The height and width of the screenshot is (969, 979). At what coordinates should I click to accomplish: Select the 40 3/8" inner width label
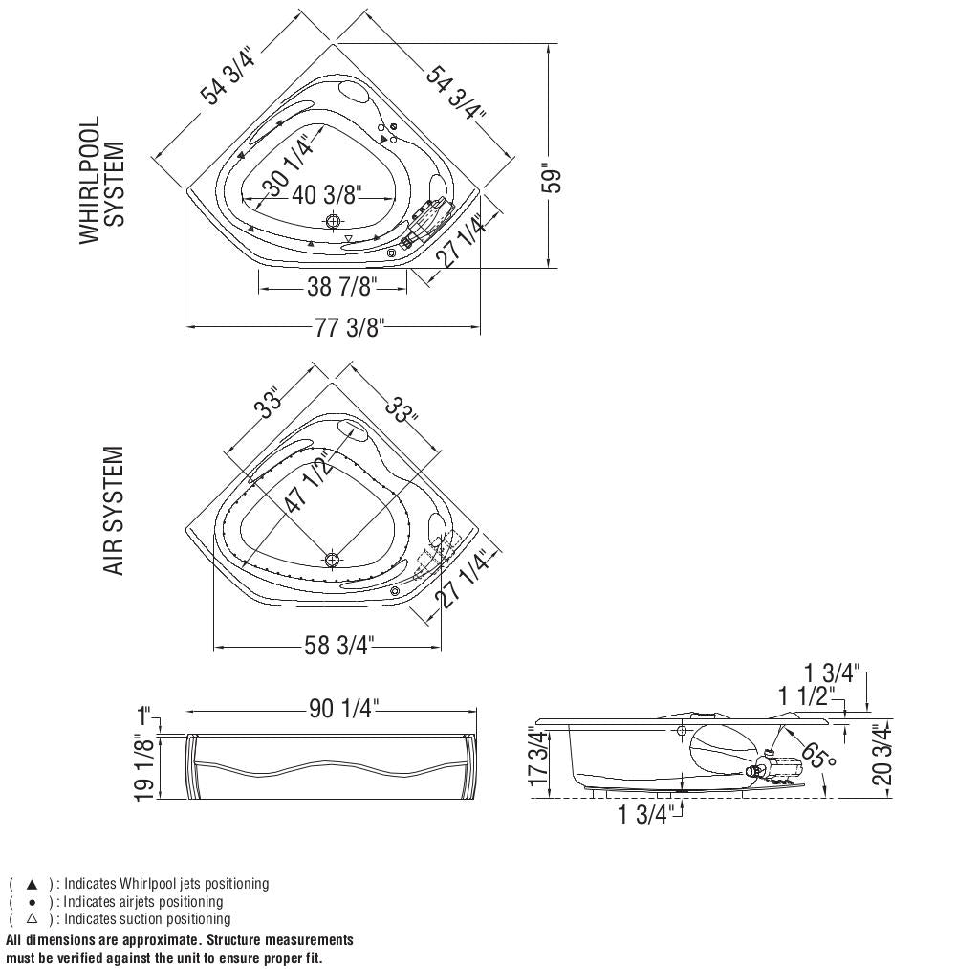325,195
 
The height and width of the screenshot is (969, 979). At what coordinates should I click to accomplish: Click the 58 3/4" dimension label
339,646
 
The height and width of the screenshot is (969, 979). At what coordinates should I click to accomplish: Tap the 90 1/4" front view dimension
344,709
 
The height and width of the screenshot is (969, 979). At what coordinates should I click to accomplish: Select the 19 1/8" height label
144,770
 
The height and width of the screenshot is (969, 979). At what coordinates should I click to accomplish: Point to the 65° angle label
818,756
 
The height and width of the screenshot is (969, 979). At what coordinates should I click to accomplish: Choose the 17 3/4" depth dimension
539,757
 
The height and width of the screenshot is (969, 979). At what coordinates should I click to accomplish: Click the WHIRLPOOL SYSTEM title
102,180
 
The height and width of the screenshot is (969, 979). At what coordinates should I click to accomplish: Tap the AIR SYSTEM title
114,511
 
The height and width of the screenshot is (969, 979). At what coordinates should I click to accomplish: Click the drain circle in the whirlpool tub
332,221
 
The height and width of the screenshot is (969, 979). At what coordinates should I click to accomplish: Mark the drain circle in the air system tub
332,560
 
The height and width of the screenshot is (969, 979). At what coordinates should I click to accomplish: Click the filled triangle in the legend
32,884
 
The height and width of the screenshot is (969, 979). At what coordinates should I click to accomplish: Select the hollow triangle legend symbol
32,919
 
